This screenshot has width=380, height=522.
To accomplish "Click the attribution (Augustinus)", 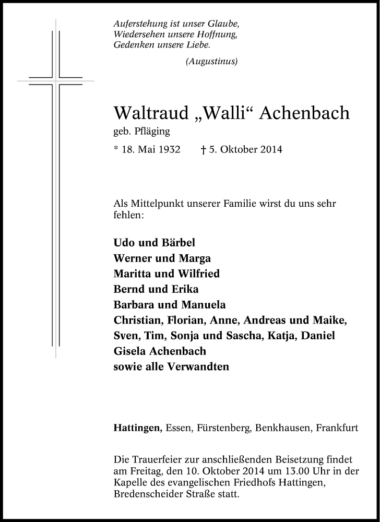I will coord(211,62).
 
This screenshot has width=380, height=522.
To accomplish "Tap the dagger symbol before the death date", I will coord(204,150).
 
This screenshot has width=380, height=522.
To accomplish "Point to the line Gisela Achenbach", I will coord(160,351).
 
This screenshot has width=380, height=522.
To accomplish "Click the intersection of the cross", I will coord(56,81).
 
